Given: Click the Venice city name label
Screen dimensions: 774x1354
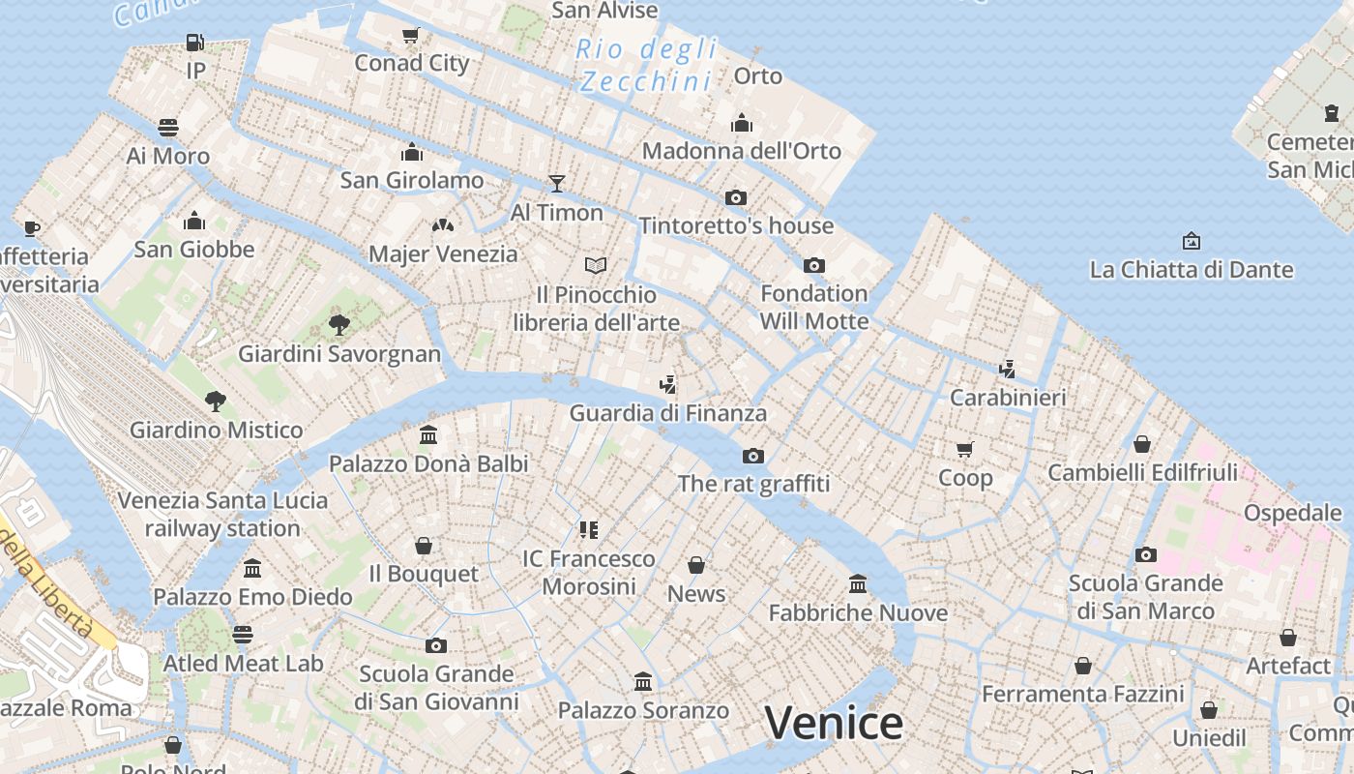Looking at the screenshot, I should pos(834,723).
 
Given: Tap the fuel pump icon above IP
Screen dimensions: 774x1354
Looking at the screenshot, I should pos(195,43).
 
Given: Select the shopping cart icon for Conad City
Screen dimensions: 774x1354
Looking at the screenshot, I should pos(411,36).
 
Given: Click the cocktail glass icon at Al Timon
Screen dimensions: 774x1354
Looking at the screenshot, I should pos(556,183).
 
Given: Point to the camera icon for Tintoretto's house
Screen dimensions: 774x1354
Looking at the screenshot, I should pos(736,197).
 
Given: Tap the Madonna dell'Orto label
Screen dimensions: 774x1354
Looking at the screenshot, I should pos(742,151).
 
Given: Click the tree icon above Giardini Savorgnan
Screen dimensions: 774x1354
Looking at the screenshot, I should pos(338,324).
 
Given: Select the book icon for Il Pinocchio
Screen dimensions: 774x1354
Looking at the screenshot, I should pos(596,265).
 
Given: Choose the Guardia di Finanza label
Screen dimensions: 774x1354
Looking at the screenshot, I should pos(667,413).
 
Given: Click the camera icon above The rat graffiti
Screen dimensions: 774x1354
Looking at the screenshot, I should pos(753,456).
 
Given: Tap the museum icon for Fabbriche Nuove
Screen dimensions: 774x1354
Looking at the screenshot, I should pos(858,583).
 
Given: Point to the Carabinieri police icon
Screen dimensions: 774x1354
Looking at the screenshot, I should pos(1008,369).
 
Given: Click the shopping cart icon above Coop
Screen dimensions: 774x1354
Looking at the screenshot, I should pos(965,449).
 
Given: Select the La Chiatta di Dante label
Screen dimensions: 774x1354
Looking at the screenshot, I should pos(1192,270).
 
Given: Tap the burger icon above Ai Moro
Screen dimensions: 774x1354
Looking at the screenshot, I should pos(168,128).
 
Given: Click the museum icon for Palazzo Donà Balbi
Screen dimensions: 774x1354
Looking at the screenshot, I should pos(428,435).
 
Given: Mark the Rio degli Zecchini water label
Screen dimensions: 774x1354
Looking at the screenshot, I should pos(647,65).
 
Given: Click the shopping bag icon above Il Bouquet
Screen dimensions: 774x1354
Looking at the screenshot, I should pos(424,546).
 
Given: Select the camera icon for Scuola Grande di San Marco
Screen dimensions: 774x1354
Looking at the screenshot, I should pos(1146,554).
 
